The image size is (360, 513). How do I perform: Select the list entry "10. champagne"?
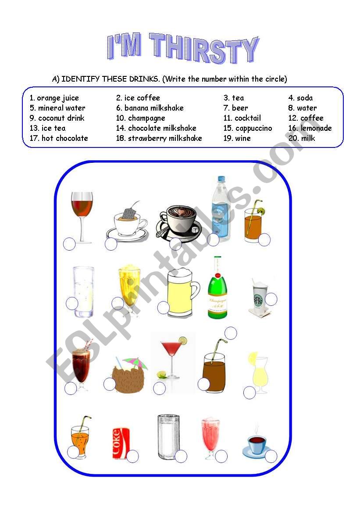tap(140, 118)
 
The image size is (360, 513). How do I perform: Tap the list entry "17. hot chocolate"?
tap(59, 138)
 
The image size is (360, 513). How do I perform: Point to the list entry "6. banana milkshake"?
tap(150, 108)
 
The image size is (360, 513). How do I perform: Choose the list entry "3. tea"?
tap(234, 98)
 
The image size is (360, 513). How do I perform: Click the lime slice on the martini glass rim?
tap(182, 341)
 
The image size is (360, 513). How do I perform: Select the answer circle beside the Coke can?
tap(132, 456)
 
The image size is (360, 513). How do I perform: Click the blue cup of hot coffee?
tap(256, 444)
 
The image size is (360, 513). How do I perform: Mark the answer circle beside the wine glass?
tap(69, 244)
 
